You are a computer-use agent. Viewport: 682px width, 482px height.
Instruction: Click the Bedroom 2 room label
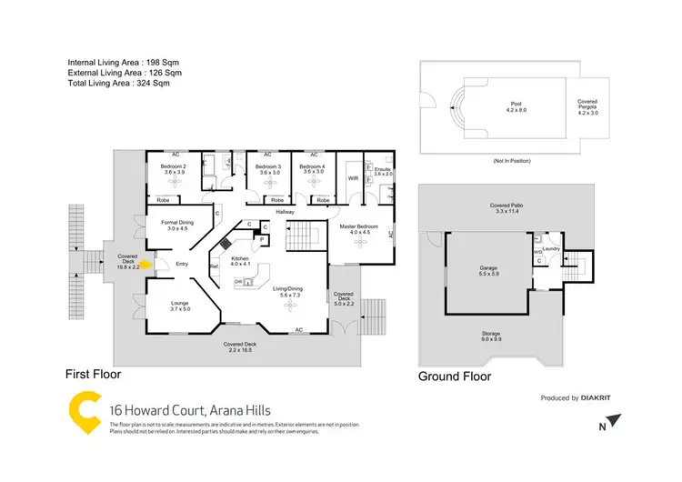click(x=174, y=167)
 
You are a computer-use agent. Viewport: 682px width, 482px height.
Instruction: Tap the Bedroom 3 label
click(x=267, y=167)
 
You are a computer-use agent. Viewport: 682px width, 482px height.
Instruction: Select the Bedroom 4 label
click(x=313, y=167)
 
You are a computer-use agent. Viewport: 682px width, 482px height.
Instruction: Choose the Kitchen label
click(x=239, y=259)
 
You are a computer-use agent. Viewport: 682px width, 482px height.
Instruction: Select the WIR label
click(x=354, y=179)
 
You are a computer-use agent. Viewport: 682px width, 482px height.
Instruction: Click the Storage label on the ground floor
click(x=491, y=334)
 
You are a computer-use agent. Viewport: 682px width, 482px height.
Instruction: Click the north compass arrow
click(x=617, y=420)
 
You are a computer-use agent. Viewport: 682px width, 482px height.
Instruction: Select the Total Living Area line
click(x=118, y=84)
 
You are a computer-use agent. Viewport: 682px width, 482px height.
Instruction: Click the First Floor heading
click(x=92, y=374)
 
